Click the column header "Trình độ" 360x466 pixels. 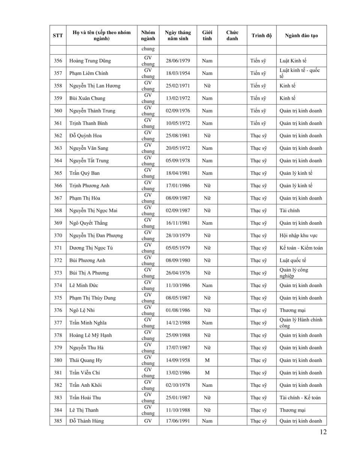[261, 36]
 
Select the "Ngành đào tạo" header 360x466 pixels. [301, 36]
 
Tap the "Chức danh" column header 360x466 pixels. [232, 36]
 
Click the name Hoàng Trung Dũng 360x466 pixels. [90, 61]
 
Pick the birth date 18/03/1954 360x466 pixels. [178, 73]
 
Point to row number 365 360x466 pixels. [58, 173]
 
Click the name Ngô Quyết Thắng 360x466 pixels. [88, 223]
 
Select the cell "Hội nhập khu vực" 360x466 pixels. [298, 236]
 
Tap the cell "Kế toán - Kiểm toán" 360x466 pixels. [301, 248]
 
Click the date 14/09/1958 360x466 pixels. [178, 360]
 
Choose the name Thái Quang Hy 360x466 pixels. [86, 360]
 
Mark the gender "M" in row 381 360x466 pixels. [207, 373]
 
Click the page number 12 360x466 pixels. [323, 432]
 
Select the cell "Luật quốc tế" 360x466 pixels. [293, 260]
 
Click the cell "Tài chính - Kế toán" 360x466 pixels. [300, 398]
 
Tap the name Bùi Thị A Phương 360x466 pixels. [89, 273]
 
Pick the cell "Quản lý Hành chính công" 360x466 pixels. [301, 323]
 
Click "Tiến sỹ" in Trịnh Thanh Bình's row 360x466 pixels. [258, 123]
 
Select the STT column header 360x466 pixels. [58, 36]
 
